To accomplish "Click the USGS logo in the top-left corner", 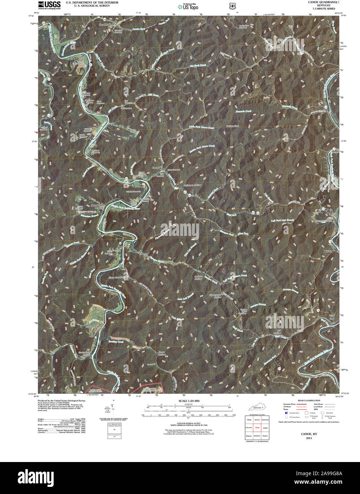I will (49, 5).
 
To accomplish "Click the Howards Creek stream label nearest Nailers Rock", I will (243, 112).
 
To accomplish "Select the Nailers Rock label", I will (233, 126).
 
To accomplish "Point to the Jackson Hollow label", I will (198, 278).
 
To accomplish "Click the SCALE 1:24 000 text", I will (187, 401).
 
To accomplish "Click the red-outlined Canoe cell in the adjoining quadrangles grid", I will (257, 428).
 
